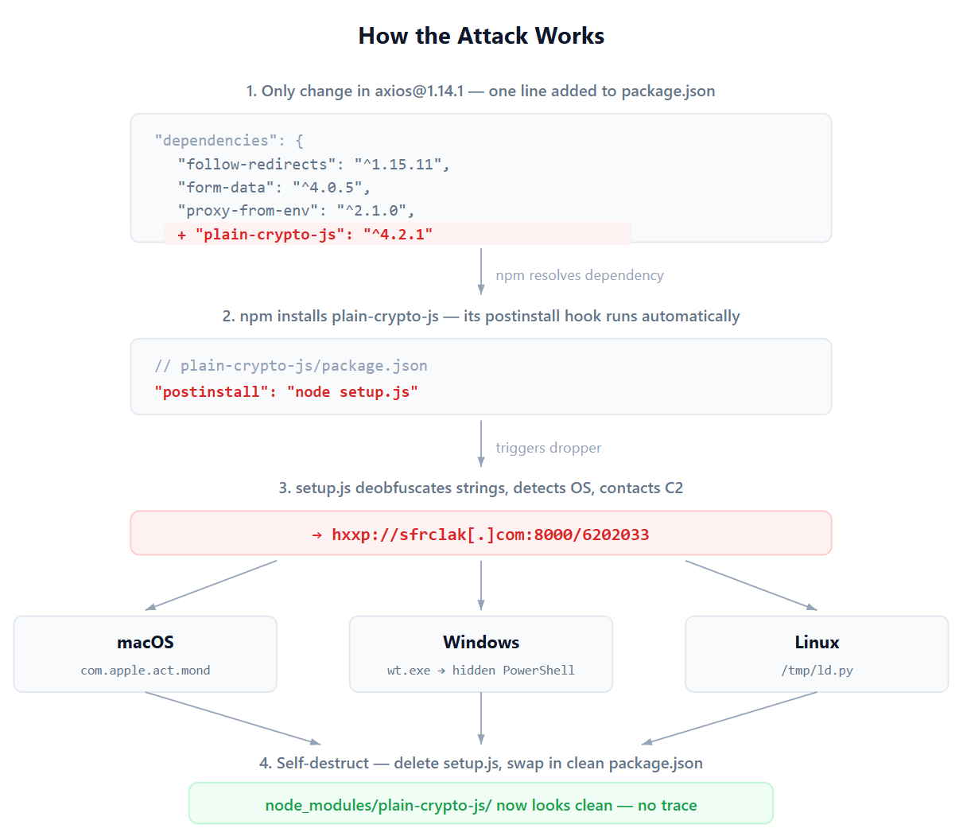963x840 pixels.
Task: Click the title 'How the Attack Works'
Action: click(x=481, y=36)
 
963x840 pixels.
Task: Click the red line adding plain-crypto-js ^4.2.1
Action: click(x=305, y=234)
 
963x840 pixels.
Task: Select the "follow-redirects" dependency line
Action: click(x=314, y=164)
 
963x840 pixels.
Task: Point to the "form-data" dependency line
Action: click(x=274, y=187)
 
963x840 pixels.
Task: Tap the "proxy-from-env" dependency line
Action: click(x=296, y=210)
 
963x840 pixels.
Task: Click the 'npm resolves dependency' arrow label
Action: click(x=579, y=275)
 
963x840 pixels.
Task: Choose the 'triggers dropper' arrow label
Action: click(x=548, y=448)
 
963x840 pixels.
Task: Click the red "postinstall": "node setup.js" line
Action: click(x=286, y=391)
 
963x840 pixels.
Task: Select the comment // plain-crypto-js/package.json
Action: click(x=291, y=365)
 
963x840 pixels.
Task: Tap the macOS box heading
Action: click(x=146, y=642)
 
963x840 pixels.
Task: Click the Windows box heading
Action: click(x=481, y=642)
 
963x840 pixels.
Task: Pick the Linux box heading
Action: click(x=817, y=642)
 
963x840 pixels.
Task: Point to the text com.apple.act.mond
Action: click(x=146, y=671)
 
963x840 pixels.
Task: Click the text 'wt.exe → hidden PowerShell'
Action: click(x=481, y=671)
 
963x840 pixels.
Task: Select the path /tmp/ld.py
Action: click(x=817, y=671)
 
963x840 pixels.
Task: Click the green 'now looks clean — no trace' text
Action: click(x=481, y=805)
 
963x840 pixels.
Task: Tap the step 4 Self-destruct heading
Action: click(x=481, y=763)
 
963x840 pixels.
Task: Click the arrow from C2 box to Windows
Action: click(x=481, y=585)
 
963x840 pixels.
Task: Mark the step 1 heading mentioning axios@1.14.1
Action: click(x=481, y=91)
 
